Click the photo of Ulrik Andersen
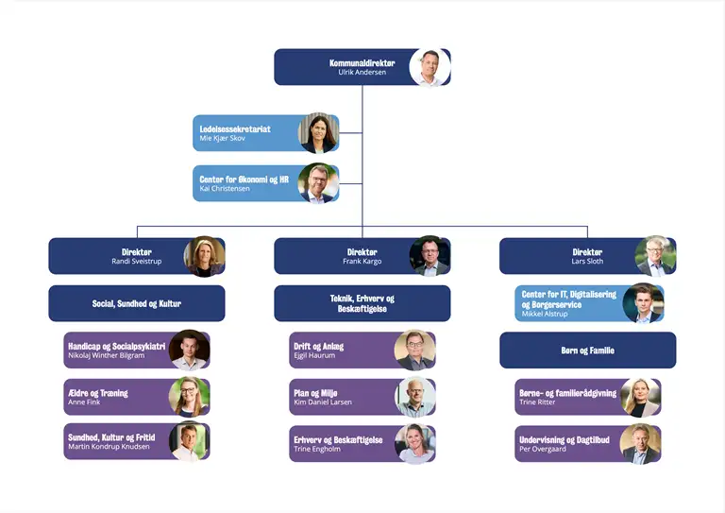point(430,68)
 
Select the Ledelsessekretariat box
point(245,133)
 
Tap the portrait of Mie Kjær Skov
point(318,133)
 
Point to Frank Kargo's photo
point(430,256)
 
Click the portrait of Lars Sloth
point(655,256)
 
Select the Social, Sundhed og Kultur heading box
point(137,303)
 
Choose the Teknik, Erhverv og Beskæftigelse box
point(362,303)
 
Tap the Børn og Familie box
point(587,350)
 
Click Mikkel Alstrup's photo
point(643,304)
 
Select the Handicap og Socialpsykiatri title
point(117,346)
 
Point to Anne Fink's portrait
point(189,397)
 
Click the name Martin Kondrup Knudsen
point(109,446)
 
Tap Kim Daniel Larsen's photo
point(414,397)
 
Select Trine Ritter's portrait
point(640,397)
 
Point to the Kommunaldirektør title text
point(362,63)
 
